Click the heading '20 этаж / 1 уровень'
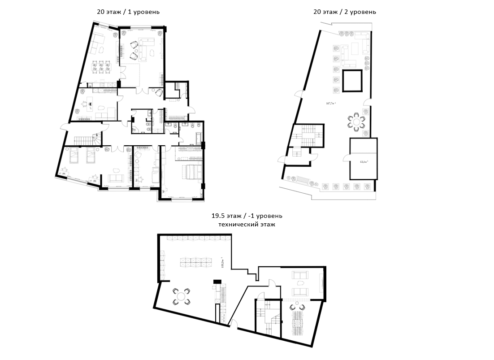128,12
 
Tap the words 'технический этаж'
247,224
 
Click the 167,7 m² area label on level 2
332,104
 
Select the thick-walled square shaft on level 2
352,81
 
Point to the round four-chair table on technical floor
181,296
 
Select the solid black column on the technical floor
217,282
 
